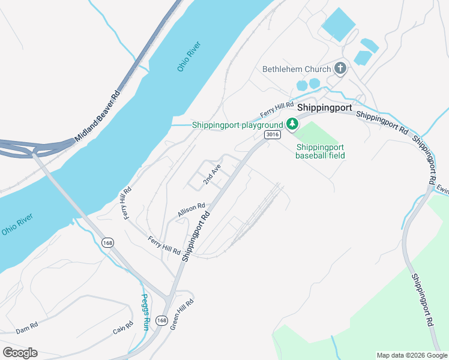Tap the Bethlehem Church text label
pos(297,69)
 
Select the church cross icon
pos(340,68)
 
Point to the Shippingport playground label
pos(237,125)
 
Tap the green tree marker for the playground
pos(292,124)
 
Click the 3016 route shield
pos(272,135)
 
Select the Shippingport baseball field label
pos(321,151)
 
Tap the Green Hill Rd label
pos(182,314)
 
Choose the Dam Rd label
pos(27,328)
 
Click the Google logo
pos(20,353)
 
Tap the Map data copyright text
pos(411,355)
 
